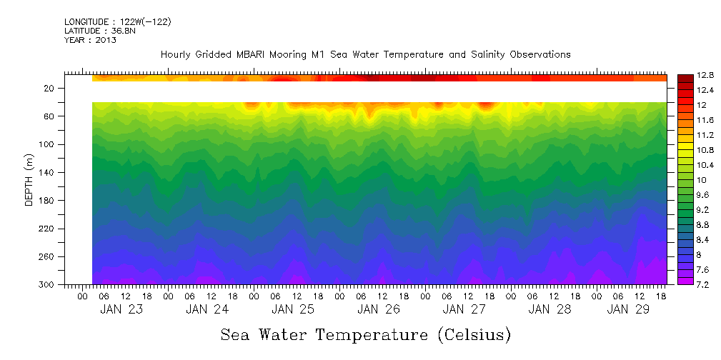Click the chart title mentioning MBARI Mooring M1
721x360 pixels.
[x=365, y=55]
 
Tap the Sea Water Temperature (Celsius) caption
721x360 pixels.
[x=365, y=334]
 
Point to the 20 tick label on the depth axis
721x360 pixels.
[x=50, y=89]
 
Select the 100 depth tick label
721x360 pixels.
[x=48, y=145]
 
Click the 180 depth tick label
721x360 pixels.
[x=48, y=201]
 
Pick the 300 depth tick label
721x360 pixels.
[x=48, y=285]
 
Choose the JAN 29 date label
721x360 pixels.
[x=628, y=310]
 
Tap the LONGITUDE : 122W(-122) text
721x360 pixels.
[x=117, y=22]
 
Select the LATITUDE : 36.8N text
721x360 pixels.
[x=98, y=31]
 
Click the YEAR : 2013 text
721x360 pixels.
[x=90, y=40]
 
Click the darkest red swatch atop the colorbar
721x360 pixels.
[x=685, y=78]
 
